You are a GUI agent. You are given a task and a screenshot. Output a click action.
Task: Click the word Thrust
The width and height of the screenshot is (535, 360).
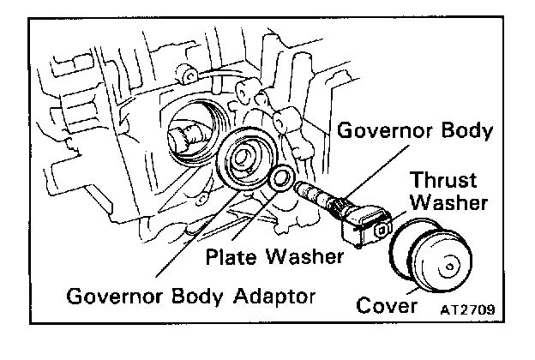[x=437, y=182]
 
